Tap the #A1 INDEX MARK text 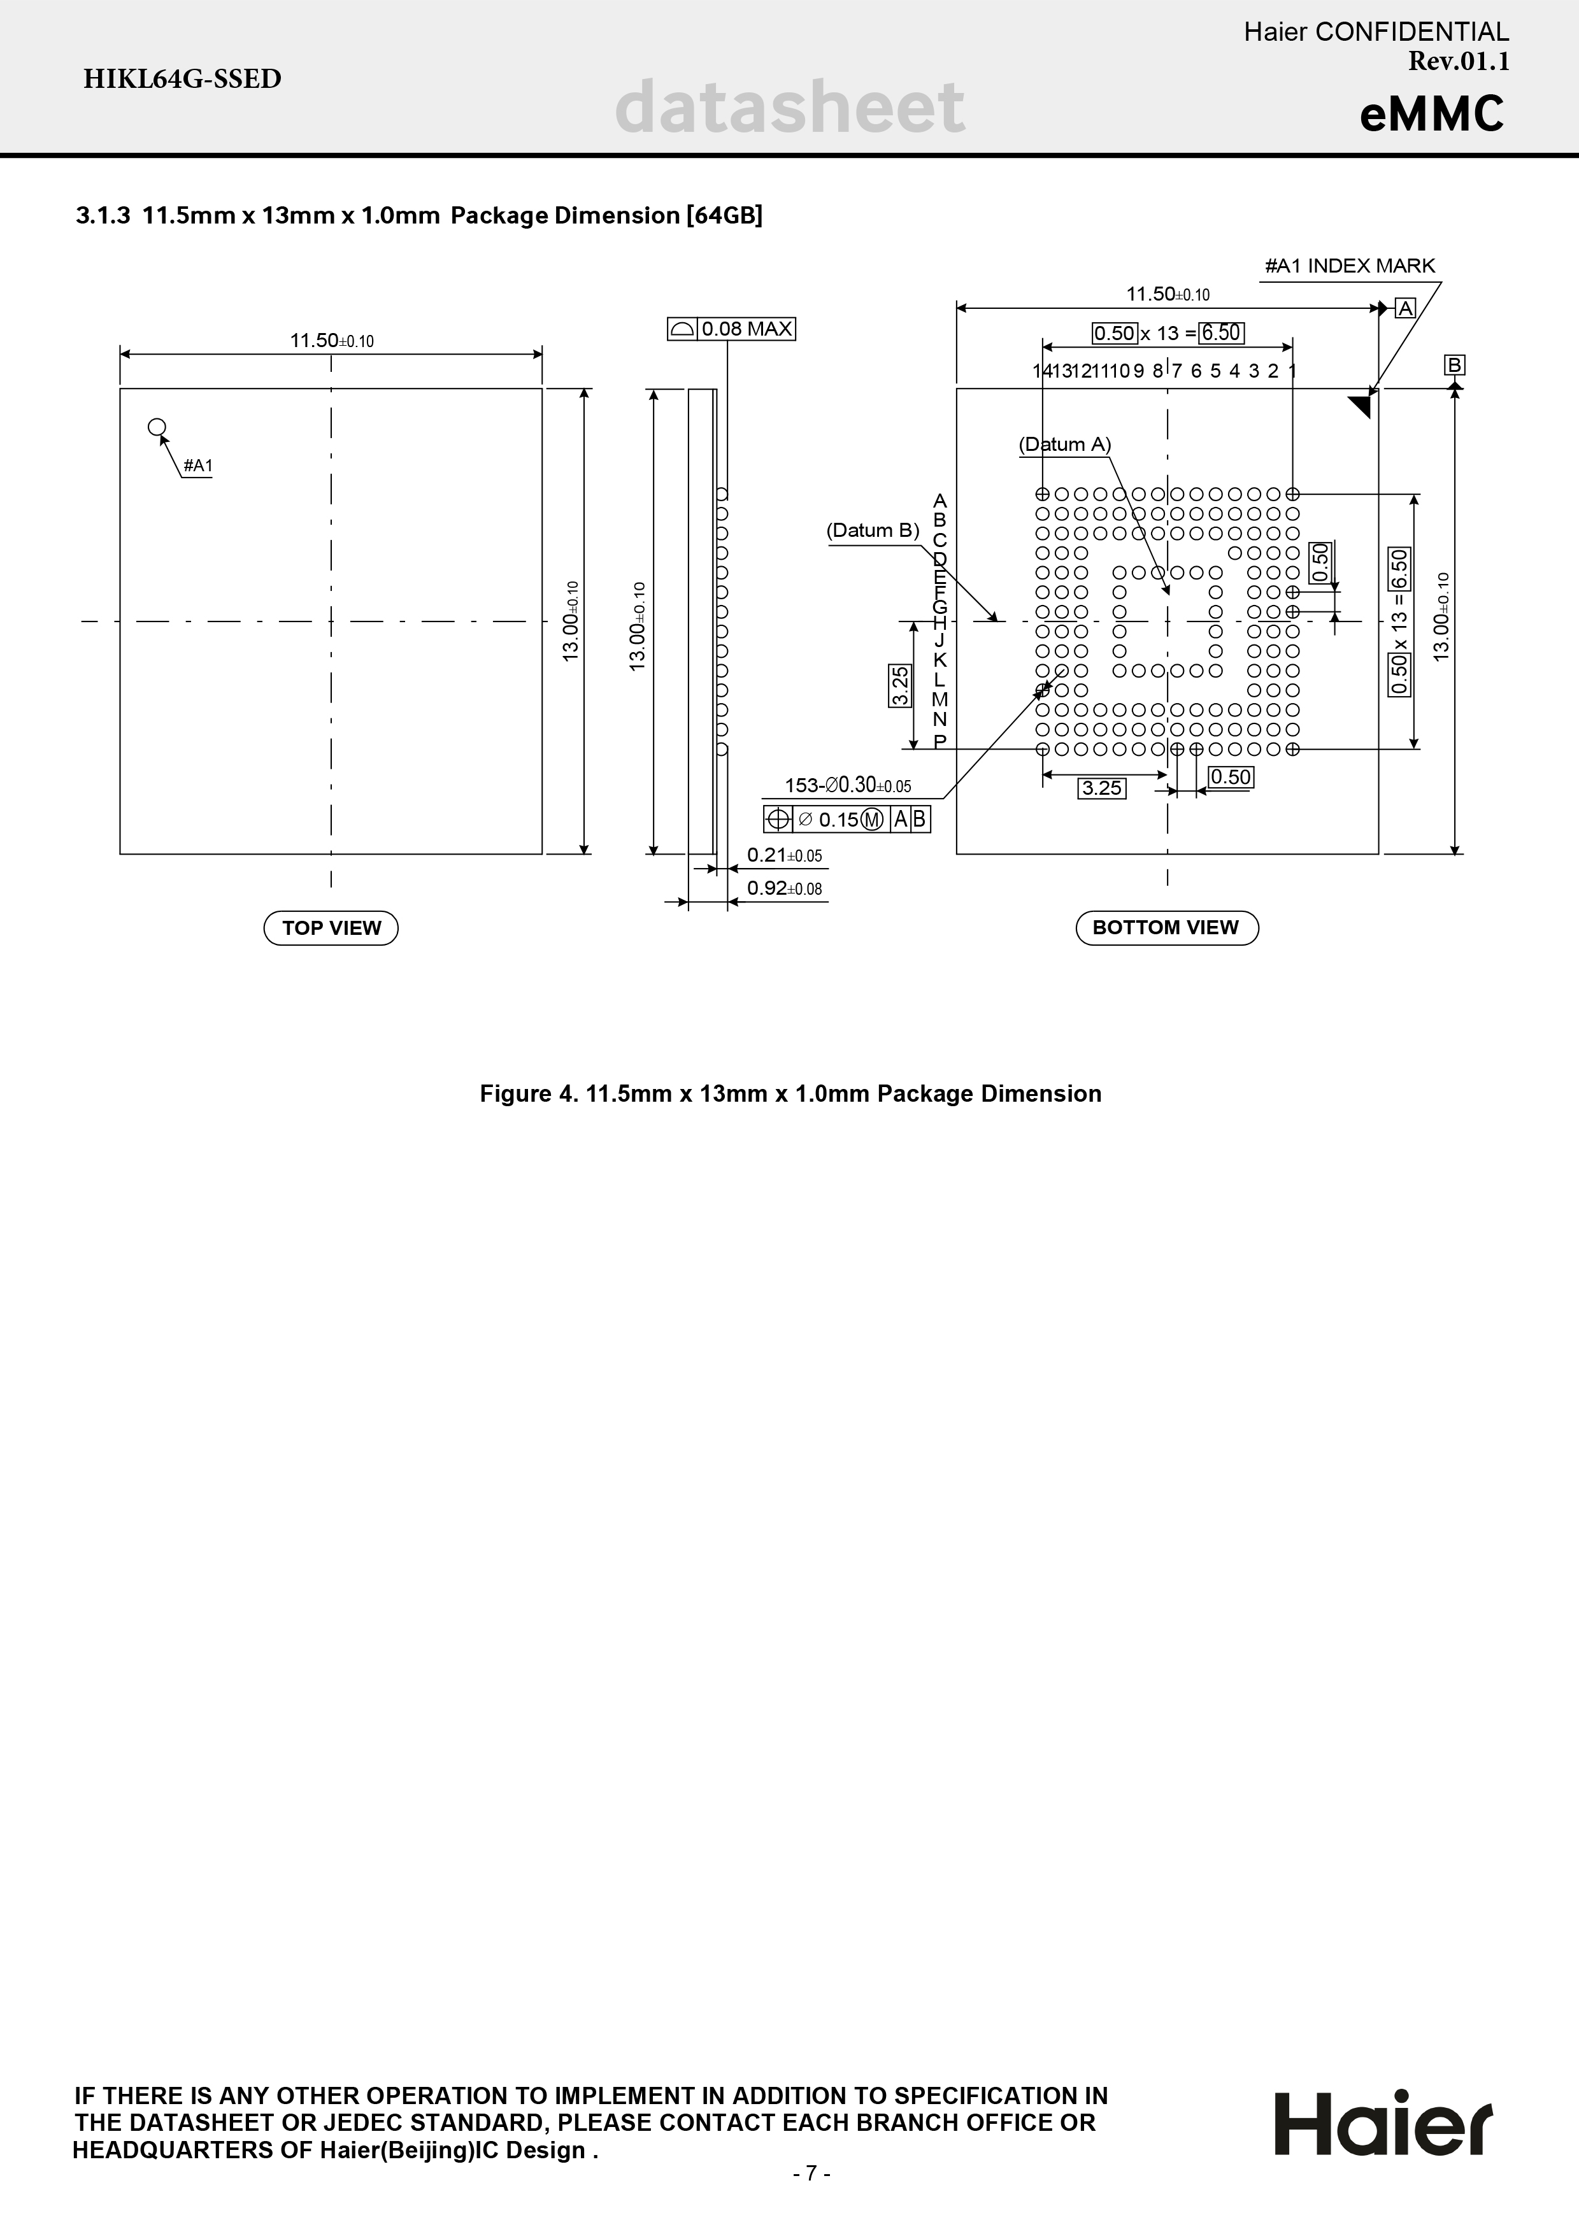tap(1350, 266)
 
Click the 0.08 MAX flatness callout tap(732, 329)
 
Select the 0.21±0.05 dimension tap(784, 855)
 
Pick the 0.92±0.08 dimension tap(784, 888)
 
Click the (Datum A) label tap(1064, 445)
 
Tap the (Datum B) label tap(873, 530)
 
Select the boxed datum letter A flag tap(1405, 308)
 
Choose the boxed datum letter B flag tap(1454, 365)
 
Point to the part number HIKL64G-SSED tap(182, 79)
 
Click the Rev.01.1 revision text tap(1459, 61)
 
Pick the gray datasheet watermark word tap(790, 107)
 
